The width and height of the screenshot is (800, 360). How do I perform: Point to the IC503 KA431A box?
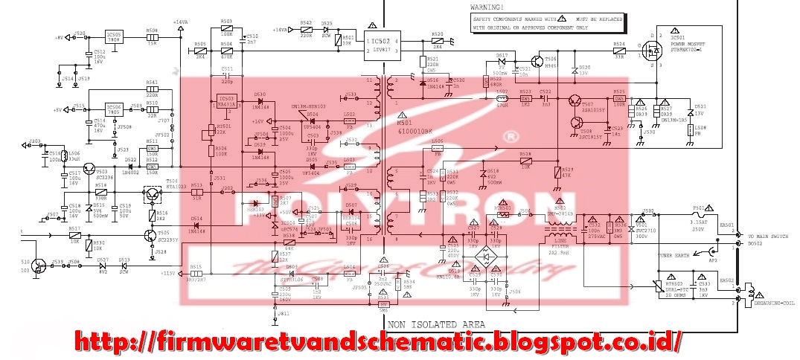227,102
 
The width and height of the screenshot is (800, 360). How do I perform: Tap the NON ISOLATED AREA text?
436,324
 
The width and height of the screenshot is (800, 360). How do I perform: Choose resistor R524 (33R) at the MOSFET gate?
618,51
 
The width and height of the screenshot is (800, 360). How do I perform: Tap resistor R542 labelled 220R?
306,30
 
